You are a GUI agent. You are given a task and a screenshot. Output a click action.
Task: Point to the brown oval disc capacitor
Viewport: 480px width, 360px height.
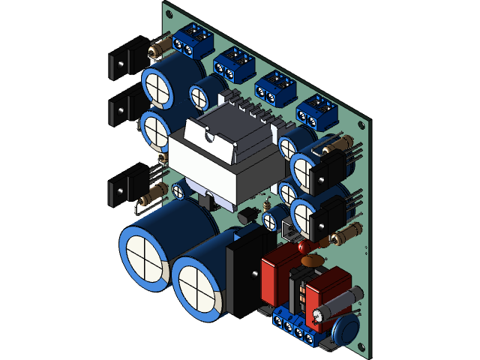310,261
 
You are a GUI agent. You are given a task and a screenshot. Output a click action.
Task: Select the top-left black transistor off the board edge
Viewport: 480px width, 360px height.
123,61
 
